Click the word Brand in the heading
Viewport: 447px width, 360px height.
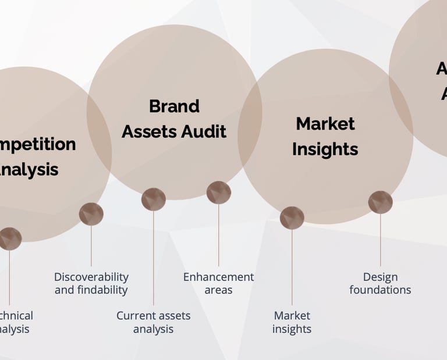point(174,106)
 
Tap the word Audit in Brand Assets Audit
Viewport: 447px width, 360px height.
point(202,131)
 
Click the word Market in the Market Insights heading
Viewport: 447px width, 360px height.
point(325,124)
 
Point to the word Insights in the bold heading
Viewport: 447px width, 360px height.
point(325,149)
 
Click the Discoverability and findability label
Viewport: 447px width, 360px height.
point(91,283)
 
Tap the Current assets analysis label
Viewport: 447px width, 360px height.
point(153,322)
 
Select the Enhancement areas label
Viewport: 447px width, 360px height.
point(218,283)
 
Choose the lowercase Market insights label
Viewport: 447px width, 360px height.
point(292,322)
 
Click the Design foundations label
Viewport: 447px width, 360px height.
point(380,283)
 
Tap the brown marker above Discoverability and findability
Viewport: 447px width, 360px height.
point(91,214)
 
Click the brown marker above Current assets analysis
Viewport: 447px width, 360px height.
point(154,199)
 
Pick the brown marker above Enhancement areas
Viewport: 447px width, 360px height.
point(219,193)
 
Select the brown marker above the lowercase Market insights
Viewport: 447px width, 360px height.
point(292,218)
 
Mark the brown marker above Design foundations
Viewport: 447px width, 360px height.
point(380,202)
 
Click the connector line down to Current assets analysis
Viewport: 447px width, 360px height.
point(154,259)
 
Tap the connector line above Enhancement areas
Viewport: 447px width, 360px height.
point(219,236)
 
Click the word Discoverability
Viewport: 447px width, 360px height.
point(91,277)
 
